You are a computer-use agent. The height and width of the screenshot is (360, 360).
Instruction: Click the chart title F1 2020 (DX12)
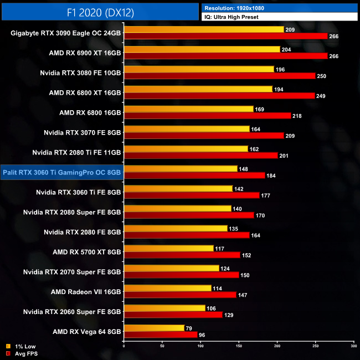(x=100, y=12)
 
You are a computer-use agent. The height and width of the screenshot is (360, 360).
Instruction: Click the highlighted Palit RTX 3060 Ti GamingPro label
(x=61, y=172)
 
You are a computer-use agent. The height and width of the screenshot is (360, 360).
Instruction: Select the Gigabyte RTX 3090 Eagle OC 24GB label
(x=66, y=33)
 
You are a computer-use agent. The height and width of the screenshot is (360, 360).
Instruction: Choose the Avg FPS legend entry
(x=25, y=353)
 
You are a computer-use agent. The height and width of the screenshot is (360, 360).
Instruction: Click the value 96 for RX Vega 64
(x=203, y=335)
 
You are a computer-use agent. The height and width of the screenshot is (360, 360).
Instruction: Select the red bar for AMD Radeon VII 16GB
(x=180, y=295)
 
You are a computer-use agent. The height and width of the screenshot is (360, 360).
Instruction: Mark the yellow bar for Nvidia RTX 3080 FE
(x=199, y=69)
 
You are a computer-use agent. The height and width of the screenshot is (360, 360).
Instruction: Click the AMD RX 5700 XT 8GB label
(x=86, y=251)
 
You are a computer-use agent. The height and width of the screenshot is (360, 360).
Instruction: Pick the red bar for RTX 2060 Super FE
(x=173, y=315)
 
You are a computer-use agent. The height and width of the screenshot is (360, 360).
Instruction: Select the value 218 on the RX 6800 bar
(x=299, y=116)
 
